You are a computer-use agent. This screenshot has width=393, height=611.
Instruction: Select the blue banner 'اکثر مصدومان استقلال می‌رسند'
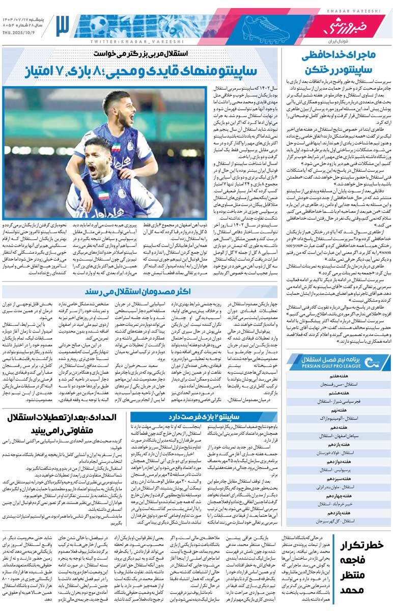click(x=139, y=291)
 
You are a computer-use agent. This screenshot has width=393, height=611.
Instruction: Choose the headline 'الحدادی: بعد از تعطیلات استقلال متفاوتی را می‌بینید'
click(x=62, y=425)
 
